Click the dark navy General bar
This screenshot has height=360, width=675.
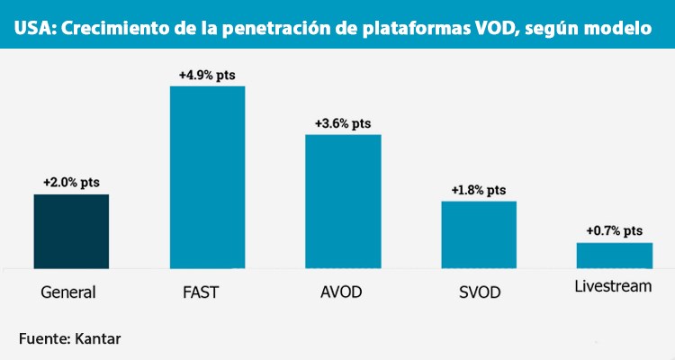click(x=71, y=230)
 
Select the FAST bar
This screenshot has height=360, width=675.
click(x=207, y=177)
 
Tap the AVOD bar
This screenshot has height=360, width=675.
click(x=343, y=201)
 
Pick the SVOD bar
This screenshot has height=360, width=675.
click(x=478, y=234)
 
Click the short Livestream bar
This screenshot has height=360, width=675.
click(x=614, y=255)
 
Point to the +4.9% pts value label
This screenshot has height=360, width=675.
click(x=207, y=75)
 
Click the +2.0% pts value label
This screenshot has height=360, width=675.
click(x=71, y=182)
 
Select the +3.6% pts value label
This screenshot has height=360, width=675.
click(x=343, y=122)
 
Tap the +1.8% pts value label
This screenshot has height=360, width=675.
click(x=478, y=190)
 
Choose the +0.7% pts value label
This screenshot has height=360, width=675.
click(x=614, y=231)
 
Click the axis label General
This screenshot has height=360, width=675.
click(x=68, y=292)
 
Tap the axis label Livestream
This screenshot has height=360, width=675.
click(x=613, y=288)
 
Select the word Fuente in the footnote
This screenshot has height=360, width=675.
click(x=41, y=338)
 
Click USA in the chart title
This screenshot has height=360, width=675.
click(x=31, y=29)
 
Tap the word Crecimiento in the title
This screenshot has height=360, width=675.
click(x=103, y=29)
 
